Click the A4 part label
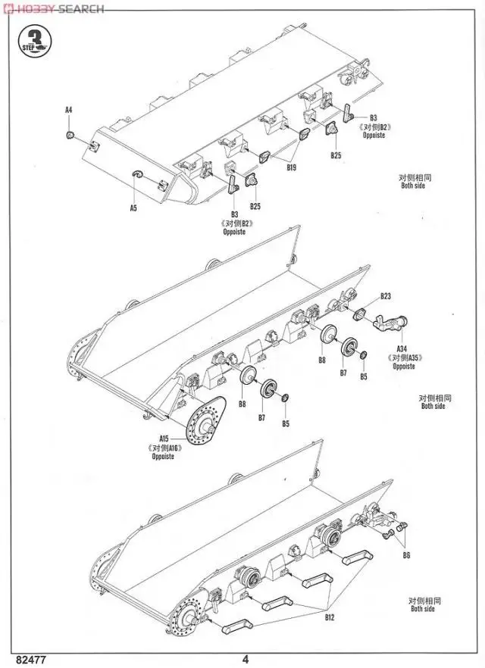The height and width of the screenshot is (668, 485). (x=68, y=111)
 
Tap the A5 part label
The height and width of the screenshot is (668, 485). (x=133, y=207)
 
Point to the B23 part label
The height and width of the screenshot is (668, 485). (x=386, y=296)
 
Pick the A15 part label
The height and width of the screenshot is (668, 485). (x=163, y=439)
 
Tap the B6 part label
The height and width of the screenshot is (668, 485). (x=406, y=555)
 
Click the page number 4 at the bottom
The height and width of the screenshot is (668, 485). (x=245, y=657)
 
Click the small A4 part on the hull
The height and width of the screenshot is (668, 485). (x=70, y=134)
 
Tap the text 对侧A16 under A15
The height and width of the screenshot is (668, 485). (x=163, y=448)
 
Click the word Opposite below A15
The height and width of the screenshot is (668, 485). (x=163, y=457)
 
